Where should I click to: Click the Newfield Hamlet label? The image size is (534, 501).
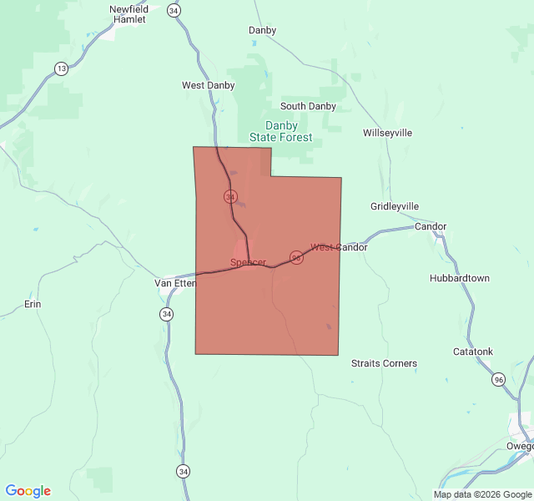click(x=128, y=14)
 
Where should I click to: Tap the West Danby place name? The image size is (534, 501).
click(x=209, y=85)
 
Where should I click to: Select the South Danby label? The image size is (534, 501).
click(x=308, y=106)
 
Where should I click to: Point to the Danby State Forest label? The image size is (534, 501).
click(x=281, y=132)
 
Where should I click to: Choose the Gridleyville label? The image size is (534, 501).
click(x=395, y=206)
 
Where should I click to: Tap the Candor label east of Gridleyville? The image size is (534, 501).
click(x=431, y=226)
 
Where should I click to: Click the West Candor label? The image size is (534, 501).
click(x=339, y=247)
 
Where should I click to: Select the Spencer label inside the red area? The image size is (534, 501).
click(x=248, y=263)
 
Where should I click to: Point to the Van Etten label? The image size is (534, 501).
click(x=175, y=283)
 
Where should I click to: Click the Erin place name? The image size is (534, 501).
click(x=33, y=304)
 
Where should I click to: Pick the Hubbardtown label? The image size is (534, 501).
click(x=460, y=278)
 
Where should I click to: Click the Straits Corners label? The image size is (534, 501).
click(x=384, y=363)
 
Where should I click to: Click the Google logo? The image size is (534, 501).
click(x=28, y=491)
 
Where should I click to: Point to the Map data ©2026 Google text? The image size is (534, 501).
click(x=482, y=494)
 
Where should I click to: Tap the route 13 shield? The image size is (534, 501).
click(x=62, y=68)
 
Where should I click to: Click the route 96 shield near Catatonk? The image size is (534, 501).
click(x=499, y=380)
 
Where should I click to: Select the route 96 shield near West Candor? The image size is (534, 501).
click(x=296, y=256)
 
